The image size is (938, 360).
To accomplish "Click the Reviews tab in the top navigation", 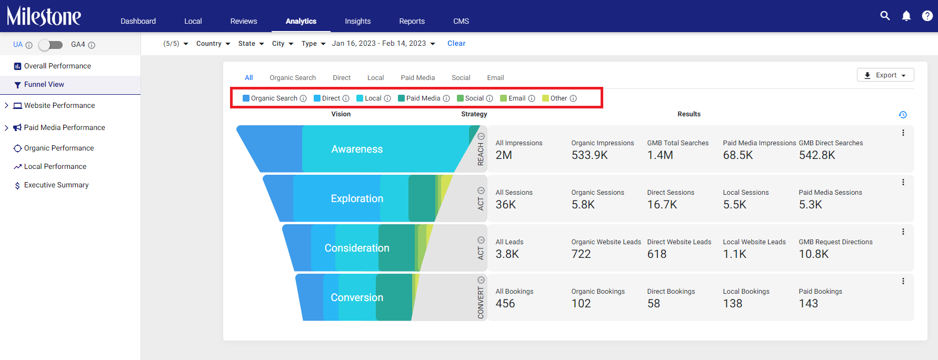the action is [244, 21].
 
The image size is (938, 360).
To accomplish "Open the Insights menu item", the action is [358, 21].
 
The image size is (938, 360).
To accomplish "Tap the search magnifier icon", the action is [885, 16].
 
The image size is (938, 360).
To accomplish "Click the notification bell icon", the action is [906, 16].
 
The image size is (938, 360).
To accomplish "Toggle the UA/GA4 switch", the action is [51, 45].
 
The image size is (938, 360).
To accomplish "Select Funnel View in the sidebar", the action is [44, 84].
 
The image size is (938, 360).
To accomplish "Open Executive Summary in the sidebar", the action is [56, 185].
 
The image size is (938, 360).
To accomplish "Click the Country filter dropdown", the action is [213, 44].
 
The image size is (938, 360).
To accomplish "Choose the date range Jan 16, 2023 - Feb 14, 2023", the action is [383, 44].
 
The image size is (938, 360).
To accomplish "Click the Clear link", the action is [456, 44].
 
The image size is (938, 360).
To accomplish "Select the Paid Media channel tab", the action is [418, 77].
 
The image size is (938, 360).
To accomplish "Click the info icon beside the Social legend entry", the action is [490, 98].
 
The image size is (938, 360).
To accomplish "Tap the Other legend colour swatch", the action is [546, 98].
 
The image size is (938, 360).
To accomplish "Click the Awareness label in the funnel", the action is [357, 149].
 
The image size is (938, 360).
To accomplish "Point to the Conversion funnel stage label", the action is [357, 297].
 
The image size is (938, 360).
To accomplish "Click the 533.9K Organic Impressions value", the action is [590, 155].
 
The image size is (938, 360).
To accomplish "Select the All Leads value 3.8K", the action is [507, 254].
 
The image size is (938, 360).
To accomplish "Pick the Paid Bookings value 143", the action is [809, 304].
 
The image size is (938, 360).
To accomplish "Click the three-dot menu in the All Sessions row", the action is [903, 182].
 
